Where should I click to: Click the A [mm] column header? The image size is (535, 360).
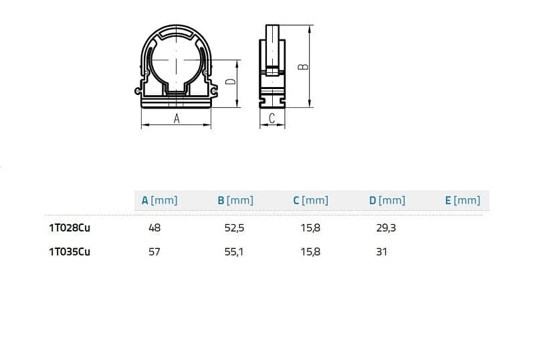159,201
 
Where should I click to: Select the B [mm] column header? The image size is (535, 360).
235,201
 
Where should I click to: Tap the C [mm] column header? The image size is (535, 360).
311,201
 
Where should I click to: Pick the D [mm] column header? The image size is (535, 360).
387,201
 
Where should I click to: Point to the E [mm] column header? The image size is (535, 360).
463,201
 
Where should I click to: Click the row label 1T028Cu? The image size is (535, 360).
70,228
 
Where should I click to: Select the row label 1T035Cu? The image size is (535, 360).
70,252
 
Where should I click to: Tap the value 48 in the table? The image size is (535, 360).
154,228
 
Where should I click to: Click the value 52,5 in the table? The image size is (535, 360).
235,228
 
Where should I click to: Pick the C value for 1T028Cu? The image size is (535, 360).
310,228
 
